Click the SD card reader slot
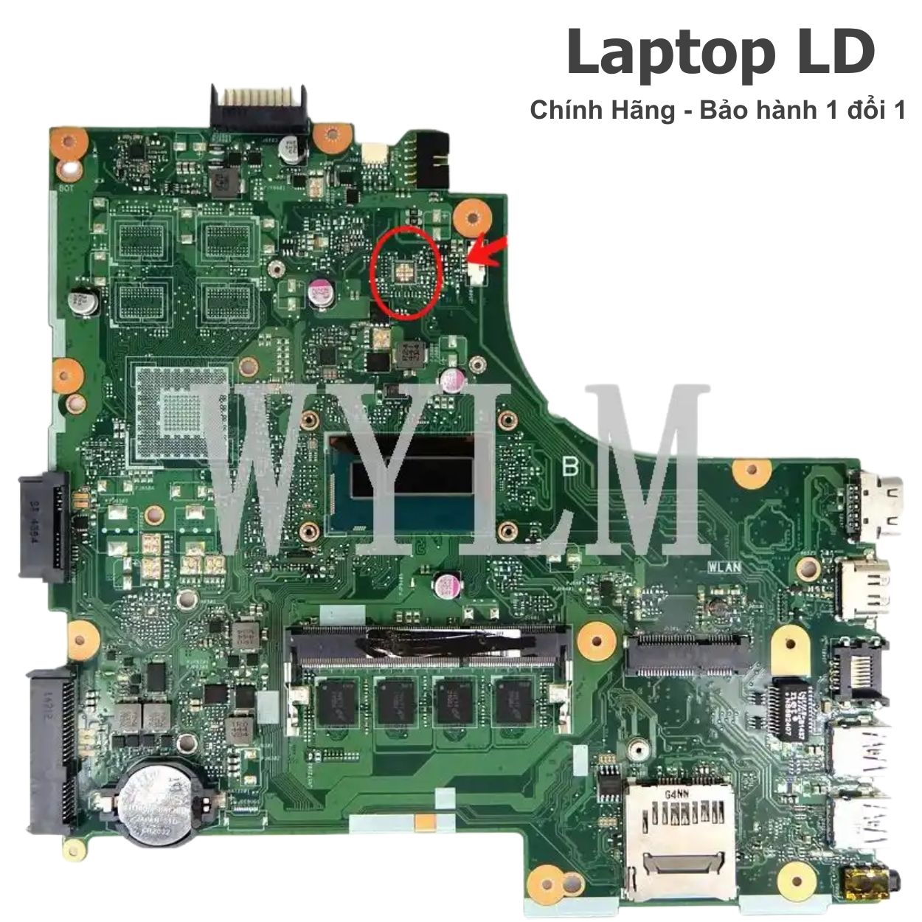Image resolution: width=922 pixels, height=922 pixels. pos(679,833)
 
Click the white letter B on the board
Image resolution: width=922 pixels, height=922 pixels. pos(570,466)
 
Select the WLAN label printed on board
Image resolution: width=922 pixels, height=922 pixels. pos(724,567)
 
